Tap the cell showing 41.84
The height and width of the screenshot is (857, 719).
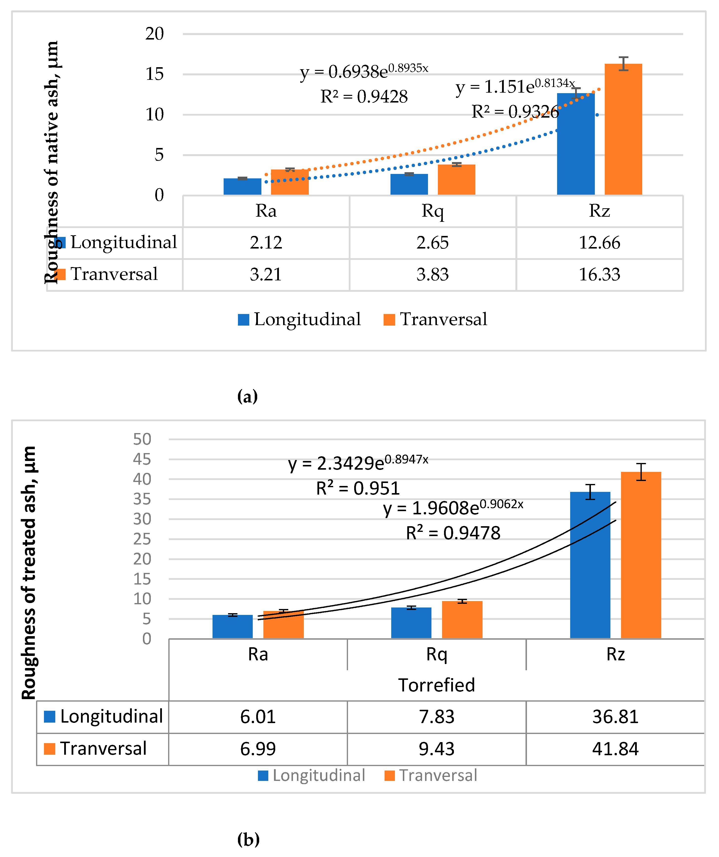(x=615, y=749)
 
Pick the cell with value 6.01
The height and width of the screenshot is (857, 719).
(x=258, y=717)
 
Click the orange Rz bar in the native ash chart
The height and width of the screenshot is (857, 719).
(x=623, y=131)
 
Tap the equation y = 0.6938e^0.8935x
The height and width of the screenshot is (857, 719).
(x=364, y=72)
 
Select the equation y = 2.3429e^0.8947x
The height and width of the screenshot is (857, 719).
(x=358, y=463)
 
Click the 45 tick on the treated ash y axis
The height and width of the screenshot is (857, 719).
(x=142, y=460)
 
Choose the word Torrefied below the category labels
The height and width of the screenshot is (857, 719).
(x=436, y=685)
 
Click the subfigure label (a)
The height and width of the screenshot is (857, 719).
(x=247, y=396)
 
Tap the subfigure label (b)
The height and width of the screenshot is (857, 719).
(x=248, y=839)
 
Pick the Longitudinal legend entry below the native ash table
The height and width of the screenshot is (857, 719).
(x=299, y=319)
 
